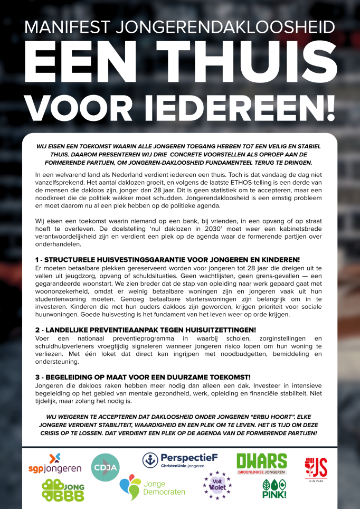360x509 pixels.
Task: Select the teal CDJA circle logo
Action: [x=105, y=467]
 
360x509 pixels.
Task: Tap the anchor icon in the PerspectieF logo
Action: [x=150, y=460]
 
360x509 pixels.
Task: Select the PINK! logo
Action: [x=274, y=489]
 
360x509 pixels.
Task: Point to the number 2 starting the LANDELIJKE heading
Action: [x=37, y=329]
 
